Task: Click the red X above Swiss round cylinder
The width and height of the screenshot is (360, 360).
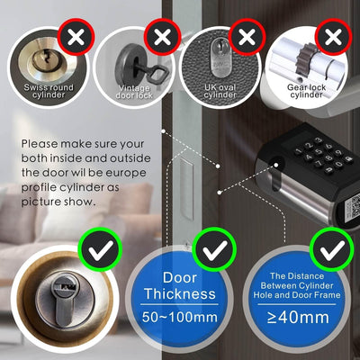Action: click(76, 37)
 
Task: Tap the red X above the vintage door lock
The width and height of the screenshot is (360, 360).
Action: click(162, 37)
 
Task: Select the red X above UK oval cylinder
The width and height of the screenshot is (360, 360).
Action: click(247, 37)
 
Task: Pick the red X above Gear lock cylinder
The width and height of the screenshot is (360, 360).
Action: click(333, 37)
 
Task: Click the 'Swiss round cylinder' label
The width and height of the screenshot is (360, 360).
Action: click(49, 91)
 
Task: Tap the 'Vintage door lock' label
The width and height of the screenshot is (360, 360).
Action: click(134, 92)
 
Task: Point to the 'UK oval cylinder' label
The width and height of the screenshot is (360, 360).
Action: click(220, 91)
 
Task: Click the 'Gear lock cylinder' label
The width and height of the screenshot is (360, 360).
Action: click(306, 91)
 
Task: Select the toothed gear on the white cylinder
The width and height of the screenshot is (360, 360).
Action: click(305, 59)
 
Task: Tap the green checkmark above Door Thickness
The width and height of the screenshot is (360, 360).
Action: click(214, 249)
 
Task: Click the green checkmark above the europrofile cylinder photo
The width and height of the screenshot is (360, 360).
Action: click(100, 249)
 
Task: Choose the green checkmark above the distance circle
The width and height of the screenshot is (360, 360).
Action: click(332, 249)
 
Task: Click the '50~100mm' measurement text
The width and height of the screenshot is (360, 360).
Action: click(180, 317)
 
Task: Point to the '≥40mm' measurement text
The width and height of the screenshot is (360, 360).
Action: click(298, 317)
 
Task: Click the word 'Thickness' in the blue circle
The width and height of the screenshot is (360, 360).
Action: click(180, 293)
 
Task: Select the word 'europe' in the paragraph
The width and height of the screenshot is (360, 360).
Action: click(127, 173)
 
